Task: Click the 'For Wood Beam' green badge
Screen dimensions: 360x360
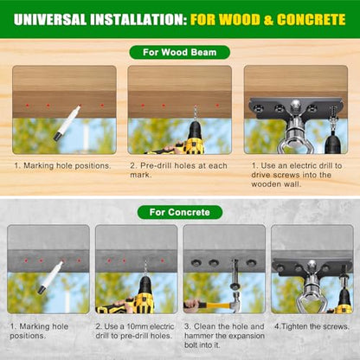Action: pyautogui.click(x=179, y=53)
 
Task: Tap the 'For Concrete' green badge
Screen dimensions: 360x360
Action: pyautogui.click(x=180, y=212)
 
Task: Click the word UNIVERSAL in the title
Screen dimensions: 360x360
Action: pyautogui.click(x=50, y=20)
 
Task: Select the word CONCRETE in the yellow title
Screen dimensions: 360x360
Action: pyautogui.click(x=311, y=20)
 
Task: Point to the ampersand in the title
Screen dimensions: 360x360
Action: pyautogui.click(x=268, y=20)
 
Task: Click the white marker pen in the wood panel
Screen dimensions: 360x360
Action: pyautogui.click(x=67, y=123)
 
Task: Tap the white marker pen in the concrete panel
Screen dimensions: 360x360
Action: pyautogui.click(x=50, y=278)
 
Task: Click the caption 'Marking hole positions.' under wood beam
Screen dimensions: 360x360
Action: pyautogui.click(x=62, y=166)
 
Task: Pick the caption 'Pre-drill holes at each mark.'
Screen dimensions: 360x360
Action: pyautogui.click(x=178, y=170)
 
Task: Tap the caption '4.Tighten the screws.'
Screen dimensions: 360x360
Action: pyautogui.click(x=312, y=326)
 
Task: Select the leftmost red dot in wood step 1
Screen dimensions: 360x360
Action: pyautogui.click(x=28, y=106)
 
